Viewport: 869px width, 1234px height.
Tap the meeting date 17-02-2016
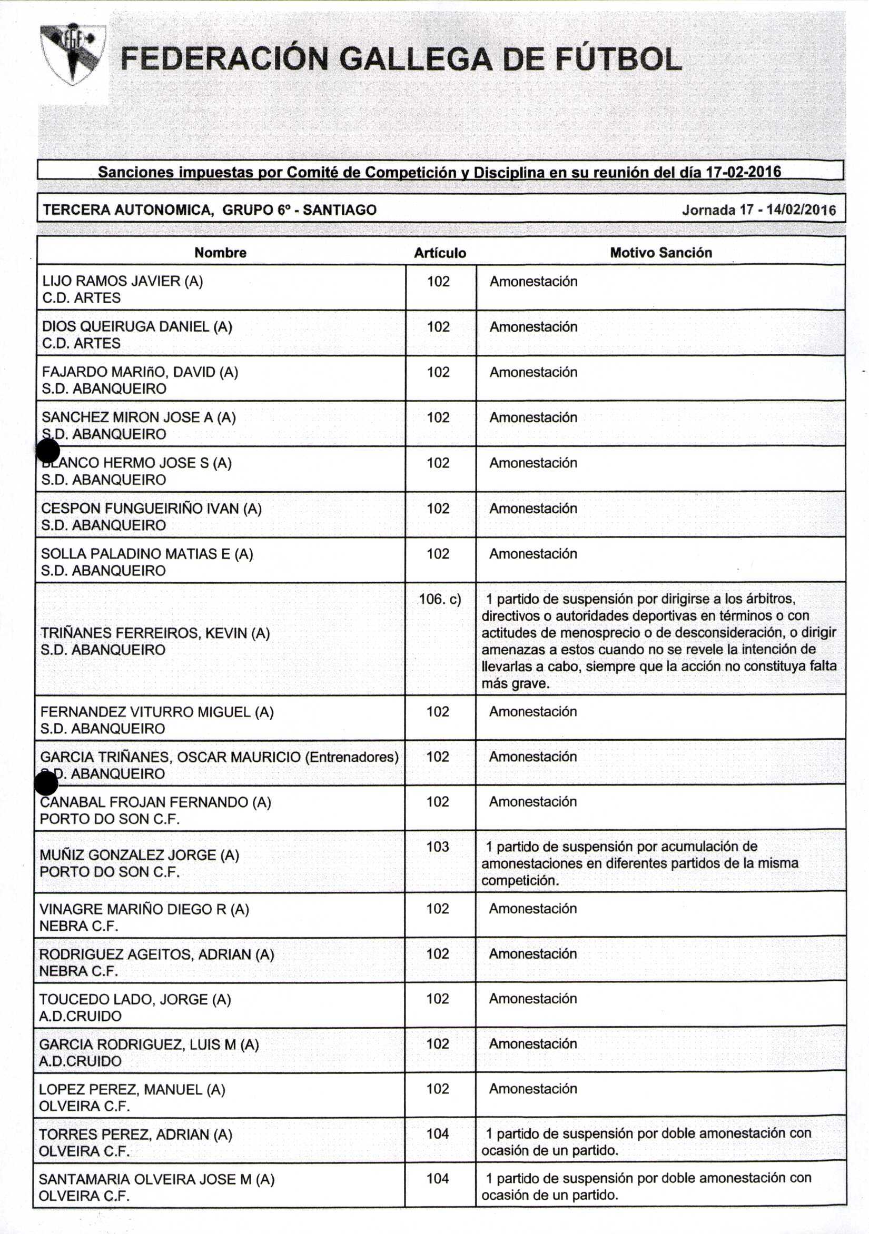click(x=743, y=172)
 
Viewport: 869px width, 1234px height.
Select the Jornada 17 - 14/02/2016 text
click(x=758, y=210)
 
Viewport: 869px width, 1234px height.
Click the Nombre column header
click(x=221, y=253)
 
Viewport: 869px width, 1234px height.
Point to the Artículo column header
click(x=440, y=253)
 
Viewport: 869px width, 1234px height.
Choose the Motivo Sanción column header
click(x=660, y=253)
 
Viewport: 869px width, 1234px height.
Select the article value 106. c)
click(x=440, y=599)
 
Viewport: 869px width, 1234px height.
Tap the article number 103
click(x=438, y=847)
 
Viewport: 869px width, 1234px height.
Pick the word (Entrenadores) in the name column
click(x=352, y=757)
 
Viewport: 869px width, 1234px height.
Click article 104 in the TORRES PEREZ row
click(x=438, y=1133)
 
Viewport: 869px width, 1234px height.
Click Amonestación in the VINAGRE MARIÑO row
click(x=533, y=909)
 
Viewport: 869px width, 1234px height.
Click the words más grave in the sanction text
click(x=515, y=684)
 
